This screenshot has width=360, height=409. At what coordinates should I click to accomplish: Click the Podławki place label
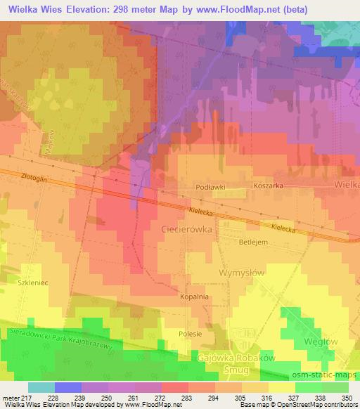[210, 187]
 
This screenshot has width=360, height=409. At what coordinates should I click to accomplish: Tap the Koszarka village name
[267, 187]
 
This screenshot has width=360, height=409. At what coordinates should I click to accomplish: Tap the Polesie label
[190, 334]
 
